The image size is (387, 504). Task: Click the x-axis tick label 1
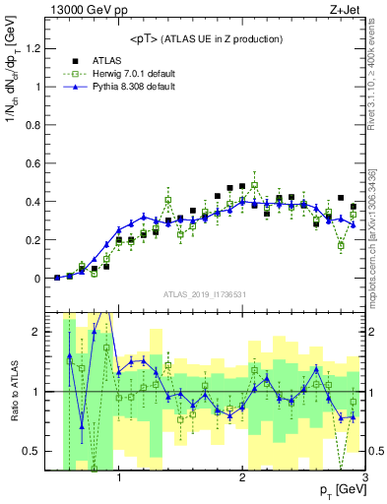[x=119, y=478]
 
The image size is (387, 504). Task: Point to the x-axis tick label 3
[x=363, y=478]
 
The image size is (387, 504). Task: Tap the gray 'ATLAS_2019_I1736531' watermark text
[x=205, y=294]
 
